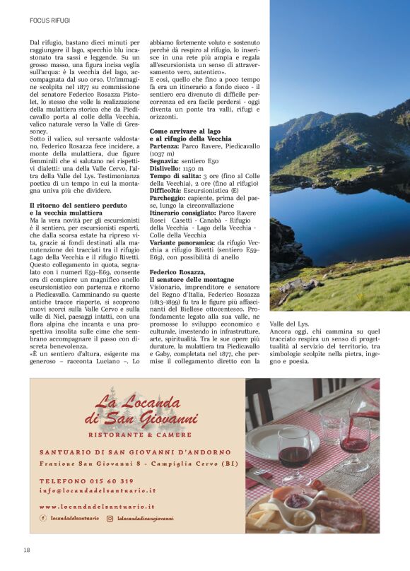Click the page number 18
pos(26,550)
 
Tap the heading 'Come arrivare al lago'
pos(184,131)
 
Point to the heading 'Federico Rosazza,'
pos(177,272)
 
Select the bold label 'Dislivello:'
pos(166,168)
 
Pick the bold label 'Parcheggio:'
pos(168,198)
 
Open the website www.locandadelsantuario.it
pos(97,507)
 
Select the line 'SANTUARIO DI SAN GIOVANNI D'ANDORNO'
pos(134,452)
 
